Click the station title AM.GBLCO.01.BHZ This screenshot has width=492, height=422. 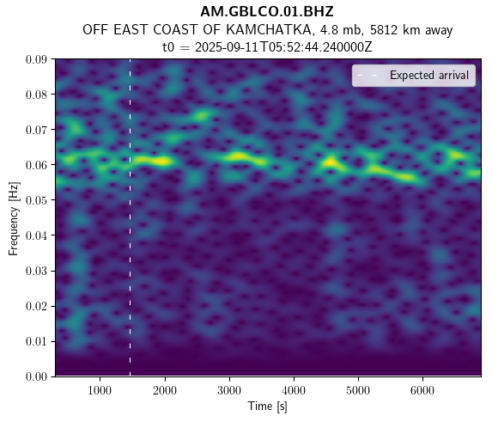(x=267, y=12)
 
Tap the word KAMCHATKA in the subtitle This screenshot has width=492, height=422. (x=268, y=30)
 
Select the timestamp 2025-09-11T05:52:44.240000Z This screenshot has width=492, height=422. (x=283, y=47)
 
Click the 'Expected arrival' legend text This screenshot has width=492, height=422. (x=429, y=76)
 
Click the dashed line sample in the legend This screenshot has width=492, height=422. (x=367, y=76)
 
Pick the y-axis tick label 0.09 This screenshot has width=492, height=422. (x=36, y=59)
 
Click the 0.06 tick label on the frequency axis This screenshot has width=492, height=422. (x=36, y=164)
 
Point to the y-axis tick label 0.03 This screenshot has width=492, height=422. (x=36, y=271)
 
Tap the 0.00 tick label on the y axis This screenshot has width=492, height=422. (x=36, y=376)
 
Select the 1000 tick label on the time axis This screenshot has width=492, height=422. (x=100, y=390)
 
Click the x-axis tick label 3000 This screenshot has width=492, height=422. (x=229, y=390)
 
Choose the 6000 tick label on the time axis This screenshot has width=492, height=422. (x=422, y=390)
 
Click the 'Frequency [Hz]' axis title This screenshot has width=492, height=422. (x=14, y=218)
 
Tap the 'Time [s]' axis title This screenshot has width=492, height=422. (x=268, y=407)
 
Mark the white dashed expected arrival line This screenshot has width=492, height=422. (x=130, y=217)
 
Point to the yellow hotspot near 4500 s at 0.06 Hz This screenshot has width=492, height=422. (x=331, y=162)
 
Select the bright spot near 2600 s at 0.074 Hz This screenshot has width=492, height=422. (x=201, y=116)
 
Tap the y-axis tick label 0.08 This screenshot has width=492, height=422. (x=36, y=95)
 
